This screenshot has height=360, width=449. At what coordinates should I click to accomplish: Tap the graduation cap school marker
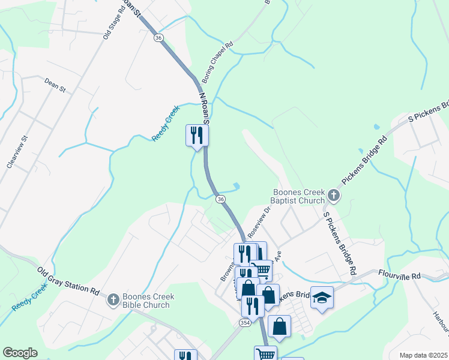click(322, 298)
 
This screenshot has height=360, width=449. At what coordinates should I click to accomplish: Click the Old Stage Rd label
click(112, 23)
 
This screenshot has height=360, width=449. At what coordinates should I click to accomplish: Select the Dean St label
click(55, 85)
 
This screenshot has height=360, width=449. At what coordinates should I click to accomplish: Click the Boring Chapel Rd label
click(217, 63)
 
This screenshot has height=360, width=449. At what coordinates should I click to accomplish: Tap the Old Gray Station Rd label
click(68, 281)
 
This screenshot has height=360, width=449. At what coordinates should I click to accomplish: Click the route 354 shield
click(244, 323)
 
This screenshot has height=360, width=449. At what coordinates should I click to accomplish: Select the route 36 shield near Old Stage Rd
click(158, 37)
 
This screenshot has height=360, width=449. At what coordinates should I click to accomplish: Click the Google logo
click(20, 353)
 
